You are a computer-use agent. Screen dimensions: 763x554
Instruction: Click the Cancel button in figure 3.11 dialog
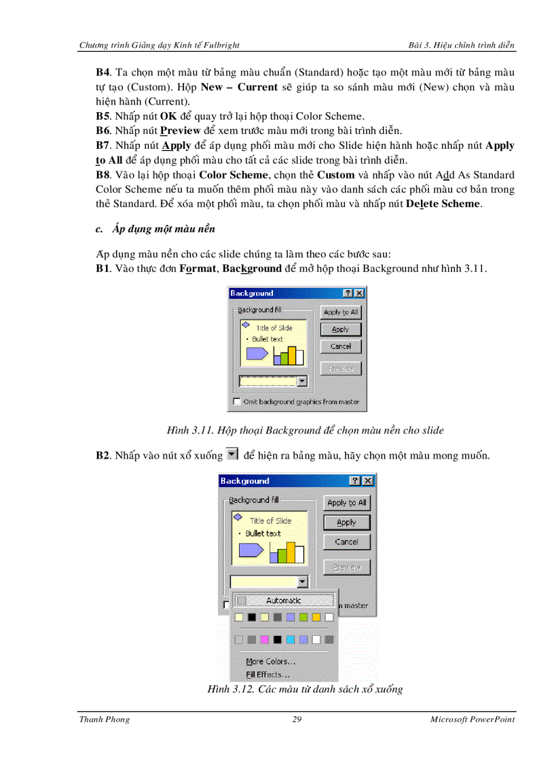pyautogui.click(x=340, y=347)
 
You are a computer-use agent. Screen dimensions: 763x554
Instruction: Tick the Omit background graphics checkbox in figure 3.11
pyautogui.click(x=236, y=402)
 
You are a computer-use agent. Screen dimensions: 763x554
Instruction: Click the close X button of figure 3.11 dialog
pyautogui.click(x=359, y=294)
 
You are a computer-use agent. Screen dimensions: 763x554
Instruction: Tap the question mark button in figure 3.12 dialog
pyautogui.click(x=355, y=481)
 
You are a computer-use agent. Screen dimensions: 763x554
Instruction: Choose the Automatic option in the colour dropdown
pyautogui.click(x=283, y=601)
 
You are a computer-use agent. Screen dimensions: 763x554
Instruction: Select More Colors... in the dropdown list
pyautogui.click(x=270, y=661)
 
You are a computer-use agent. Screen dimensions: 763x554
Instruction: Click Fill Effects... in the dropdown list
pyautogui.click(x=267, y=675)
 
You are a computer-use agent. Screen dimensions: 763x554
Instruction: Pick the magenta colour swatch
pyautogui.click(x=264, y=639)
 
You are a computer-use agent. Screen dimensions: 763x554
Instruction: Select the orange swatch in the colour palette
pyautogui.click(x=316, y=617)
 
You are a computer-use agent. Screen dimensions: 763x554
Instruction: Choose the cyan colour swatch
pyautogui.click(x=290, y=639)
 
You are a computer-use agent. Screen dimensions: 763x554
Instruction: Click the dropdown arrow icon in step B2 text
pyautogui.click(x=232, y=455)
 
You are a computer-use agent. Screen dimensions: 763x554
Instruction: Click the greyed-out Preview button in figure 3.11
pyautogui.click(x=340, y=368)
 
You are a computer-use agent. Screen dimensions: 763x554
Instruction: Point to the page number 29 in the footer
pyautogui.click(x=297, y=720)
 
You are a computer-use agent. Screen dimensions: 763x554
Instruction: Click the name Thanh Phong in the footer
pyautogui.click(x=105, y=720)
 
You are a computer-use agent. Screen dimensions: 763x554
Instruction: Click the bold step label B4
pyautogui.click(x=103, y=71)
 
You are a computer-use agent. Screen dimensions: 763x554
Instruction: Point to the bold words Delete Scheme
pyautogui.click(x=443, y=204)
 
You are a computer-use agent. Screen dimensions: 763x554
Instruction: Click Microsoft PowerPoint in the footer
pyautogui.click(x=472, y=720)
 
